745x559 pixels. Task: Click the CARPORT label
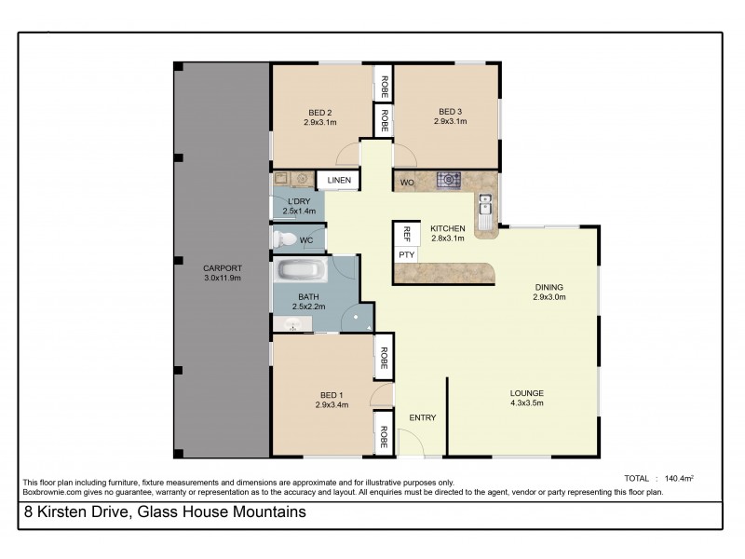coord(222,268)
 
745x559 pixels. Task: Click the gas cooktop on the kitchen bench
coord(450,179)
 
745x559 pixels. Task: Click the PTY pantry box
coord(406,253)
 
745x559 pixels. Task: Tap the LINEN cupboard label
coord(338,180)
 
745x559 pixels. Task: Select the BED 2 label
coord(318,113)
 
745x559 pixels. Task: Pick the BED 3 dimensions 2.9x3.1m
coord(451,122)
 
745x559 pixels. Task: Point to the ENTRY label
coord(422,417)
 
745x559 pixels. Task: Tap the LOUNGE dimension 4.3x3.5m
coord(526,402)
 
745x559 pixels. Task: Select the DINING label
coord(549,287)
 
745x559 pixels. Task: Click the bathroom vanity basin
coord(292,325)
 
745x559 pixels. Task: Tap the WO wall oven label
coord(407,182)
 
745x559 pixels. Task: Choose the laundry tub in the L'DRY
coord(283,178)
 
